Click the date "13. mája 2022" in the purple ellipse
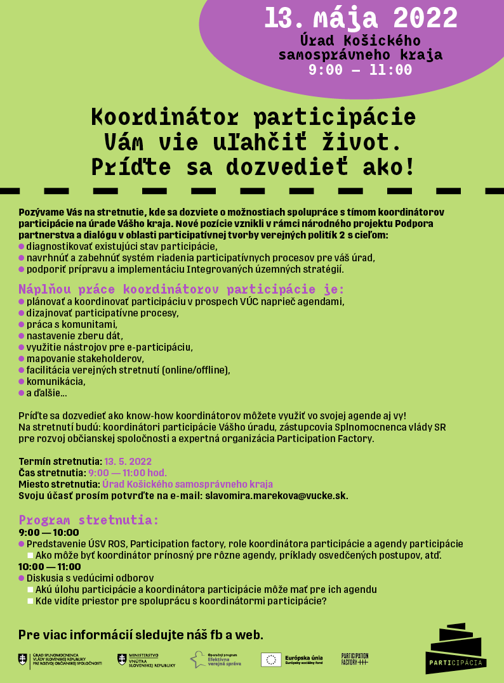361,18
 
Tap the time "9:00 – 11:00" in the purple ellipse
361,70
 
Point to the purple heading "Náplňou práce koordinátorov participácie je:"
181,289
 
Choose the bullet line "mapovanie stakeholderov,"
85,359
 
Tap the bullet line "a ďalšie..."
46,393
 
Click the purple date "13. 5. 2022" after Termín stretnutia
128,461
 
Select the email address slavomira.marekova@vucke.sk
276,495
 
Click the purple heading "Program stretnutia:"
88,520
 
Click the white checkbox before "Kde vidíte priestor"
30,601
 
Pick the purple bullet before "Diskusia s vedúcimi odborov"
22,578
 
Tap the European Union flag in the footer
271,660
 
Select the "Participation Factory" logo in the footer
355,659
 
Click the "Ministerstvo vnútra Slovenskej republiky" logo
146,660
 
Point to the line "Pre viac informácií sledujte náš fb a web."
141,635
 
